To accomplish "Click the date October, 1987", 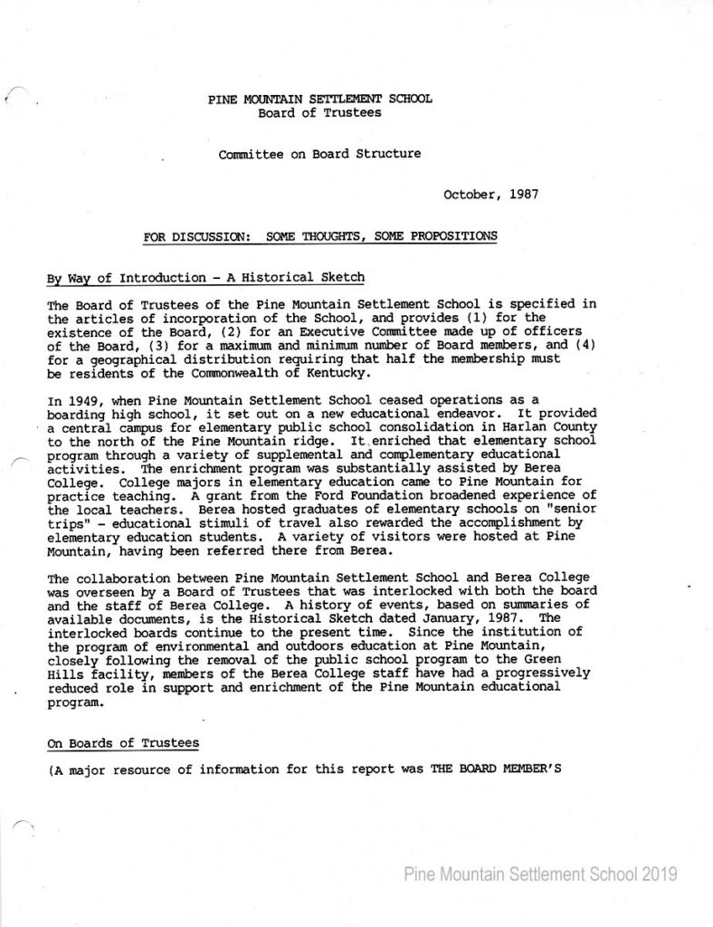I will [x=492, y=194].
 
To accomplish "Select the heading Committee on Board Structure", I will [x=319, y=154].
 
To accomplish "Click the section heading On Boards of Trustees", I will [x=122, y=743].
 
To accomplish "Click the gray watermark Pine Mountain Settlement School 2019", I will [x=541, y=874].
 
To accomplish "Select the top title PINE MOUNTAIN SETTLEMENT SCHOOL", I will [x=319, y=100].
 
